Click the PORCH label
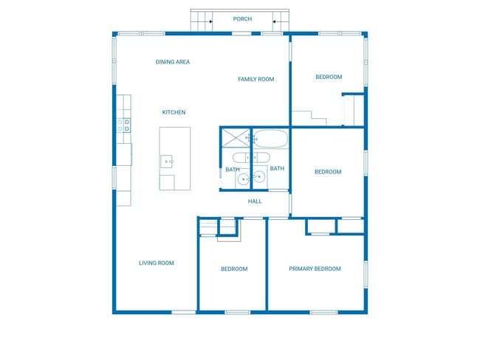(241, 19)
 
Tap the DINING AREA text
(173, 62)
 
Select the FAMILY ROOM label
(256, 79)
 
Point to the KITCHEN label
(174, 112)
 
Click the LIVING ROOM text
(157, 263)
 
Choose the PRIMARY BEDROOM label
(315, 269)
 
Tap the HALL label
(255, 201)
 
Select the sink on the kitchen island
(168, 160)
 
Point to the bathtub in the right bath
(270, 139)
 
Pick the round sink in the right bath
(259, 176)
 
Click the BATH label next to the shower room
(233, 170)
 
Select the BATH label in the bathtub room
(277, 168)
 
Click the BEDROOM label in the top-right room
(329, 77)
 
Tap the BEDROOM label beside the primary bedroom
(234, 269)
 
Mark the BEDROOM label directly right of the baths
(328, 172)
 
